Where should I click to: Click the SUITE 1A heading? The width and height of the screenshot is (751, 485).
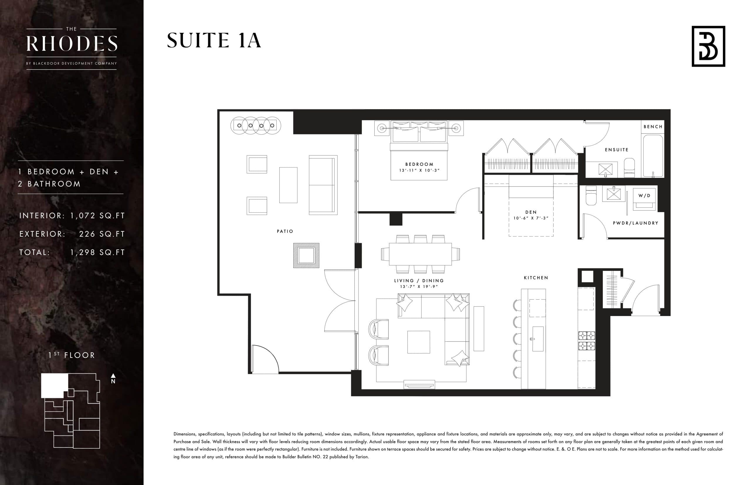[x=214, y=41]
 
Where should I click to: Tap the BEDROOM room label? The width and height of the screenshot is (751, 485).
[x=419, y=164]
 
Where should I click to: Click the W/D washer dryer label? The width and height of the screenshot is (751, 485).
[x=644, y=196]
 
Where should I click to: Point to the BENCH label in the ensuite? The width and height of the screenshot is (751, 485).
[x=653, y=127]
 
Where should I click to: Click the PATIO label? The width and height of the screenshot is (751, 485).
[x=285, y=231]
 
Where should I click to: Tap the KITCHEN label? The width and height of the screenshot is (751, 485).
[x=536, y=277]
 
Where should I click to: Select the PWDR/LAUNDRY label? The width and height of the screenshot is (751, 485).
[x=635, y=223]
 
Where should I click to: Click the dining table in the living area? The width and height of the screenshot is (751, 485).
[x=420, y=254]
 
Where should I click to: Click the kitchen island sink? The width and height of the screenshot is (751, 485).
[x=538, y=339]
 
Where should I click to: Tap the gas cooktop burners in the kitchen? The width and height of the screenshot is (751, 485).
[x=586, y=341]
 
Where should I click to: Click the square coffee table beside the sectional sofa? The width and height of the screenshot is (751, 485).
[x=418, y=342]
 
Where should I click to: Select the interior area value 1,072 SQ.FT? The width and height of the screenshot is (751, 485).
[x=97, y=216]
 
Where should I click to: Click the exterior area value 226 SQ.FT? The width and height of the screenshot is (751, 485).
[x=102, y=234]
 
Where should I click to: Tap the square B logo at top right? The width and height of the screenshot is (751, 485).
[x=708, y=46]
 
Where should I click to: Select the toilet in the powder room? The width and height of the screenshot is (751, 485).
[x=591, y=196]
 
